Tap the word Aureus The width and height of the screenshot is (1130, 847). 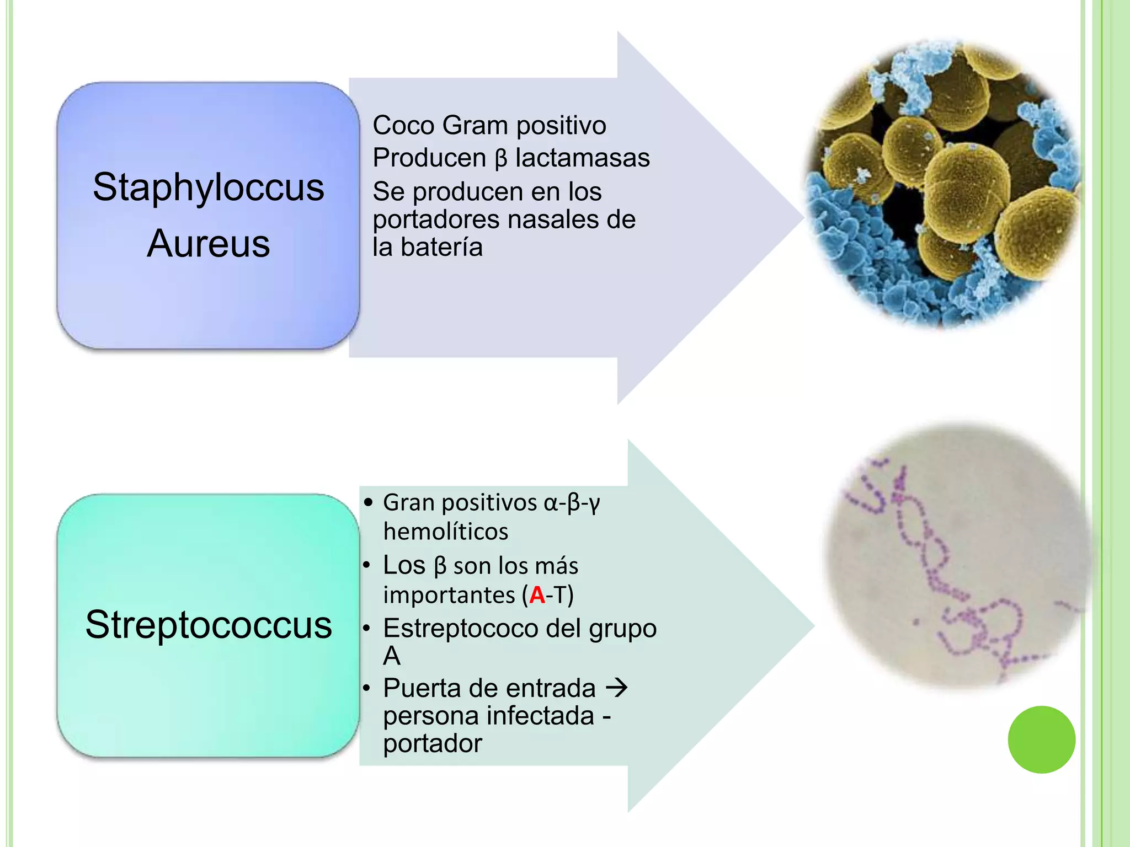209,243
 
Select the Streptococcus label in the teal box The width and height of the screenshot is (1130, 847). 209,625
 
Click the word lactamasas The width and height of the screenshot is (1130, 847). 583,158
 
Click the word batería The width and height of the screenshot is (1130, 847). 441,247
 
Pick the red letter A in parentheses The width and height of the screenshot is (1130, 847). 537,595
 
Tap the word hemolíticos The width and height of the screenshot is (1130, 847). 446,532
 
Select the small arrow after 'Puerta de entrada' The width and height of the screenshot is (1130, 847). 617,688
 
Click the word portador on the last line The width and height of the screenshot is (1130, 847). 433,744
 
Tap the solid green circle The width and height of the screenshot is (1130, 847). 1041,739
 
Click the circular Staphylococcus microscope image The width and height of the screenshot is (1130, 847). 942,185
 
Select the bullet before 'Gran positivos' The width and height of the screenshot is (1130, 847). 369,502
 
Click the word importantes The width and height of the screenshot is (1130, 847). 450,596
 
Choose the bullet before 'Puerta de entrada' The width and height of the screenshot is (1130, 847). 366,688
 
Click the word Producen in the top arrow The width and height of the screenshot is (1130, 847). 429,158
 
